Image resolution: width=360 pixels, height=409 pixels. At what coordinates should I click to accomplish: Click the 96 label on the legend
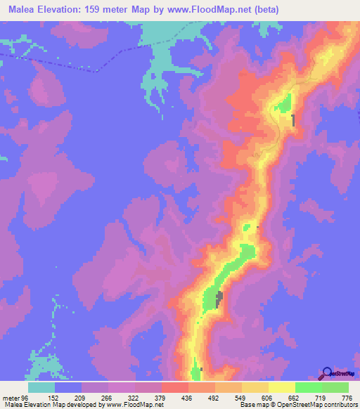click(26, 398)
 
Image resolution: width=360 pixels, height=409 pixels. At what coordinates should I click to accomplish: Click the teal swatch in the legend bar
click(41, 387)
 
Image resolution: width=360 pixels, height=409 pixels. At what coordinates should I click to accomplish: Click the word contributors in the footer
click(341, 405)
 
